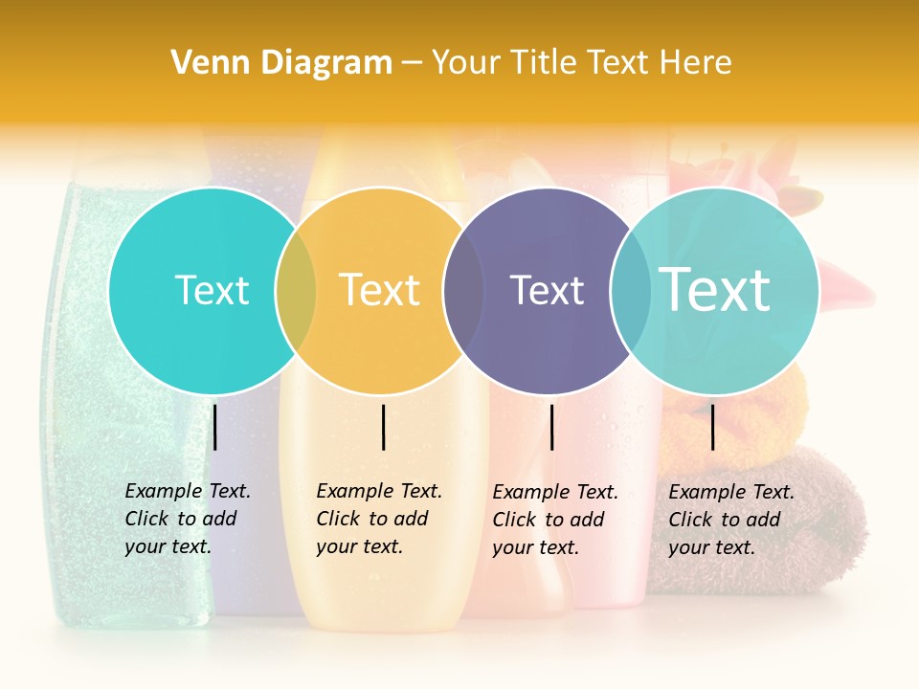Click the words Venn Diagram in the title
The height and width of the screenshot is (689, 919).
281,63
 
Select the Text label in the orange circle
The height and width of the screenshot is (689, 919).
380,290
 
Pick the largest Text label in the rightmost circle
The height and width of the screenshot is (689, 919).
714,289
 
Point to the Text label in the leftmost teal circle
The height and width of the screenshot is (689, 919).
212,290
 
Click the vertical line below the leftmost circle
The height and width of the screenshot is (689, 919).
215,427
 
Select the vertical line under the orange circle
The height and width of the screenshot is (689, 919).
383,427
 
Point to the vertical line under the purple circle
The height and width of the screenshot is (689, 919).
551,427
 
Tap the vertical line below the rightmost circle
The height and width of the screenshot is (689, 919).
712,427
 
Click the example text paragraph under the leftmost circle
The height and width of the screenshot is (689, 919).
187,519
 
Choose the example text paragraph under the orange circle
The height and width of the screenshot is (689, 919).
378,519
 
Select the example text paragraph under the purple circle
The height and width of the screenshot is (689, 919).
554,520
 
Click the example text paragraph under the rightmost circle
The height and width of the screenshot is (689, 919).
730,520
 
